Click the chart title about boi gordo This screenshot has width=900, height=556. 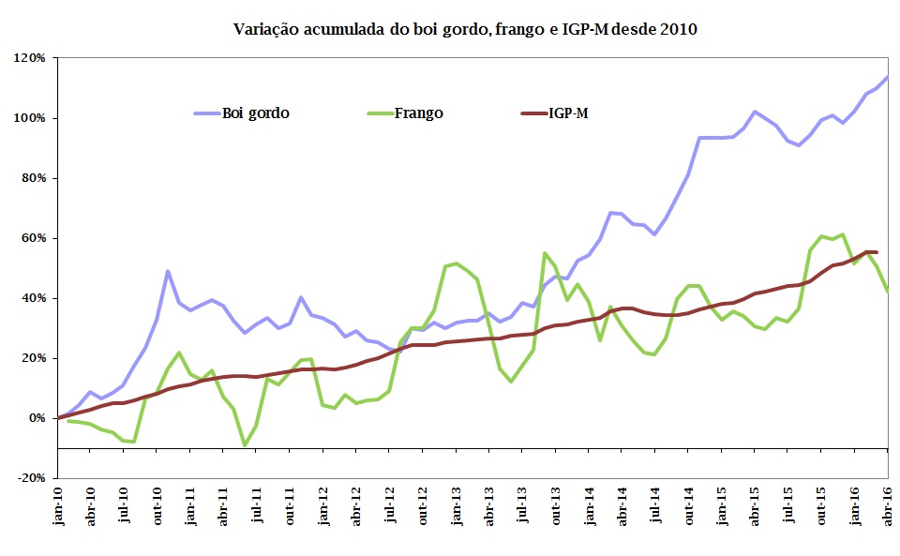465,29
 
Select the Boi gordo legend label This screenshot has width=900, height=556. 255,113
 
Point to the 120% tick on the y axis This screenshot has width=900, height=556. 30,58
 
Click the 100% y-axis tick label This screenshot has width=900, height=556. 30,118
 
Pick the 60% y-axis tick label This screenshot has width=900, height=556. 33,238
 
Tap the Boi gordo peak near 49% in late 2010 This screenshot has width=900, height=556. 168,271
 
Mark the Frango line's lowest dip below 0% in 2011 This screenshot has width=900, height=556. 245,445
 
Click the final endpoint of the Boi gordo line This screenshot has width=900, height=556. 889,77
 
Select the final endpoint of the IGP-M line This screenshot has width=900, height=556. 877,251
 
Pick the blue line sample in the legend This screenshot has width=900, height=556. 206,113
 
